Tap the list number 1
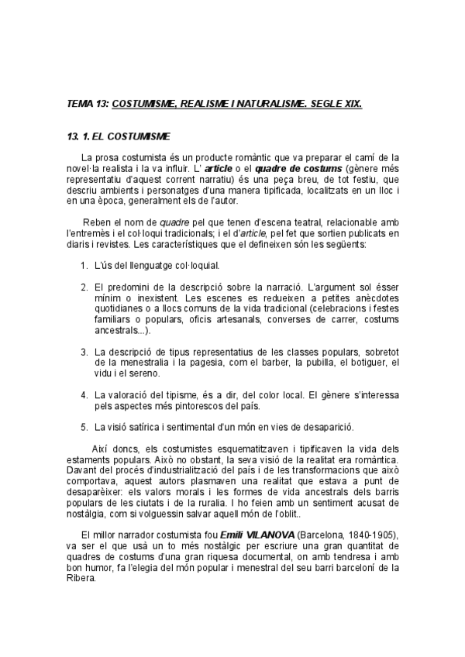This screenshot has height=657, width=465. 84,265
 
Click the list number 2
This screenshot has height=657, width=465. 84,287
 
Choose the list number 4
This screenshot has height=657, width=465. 84,394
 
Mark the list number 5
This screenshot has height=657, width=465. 84,426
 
